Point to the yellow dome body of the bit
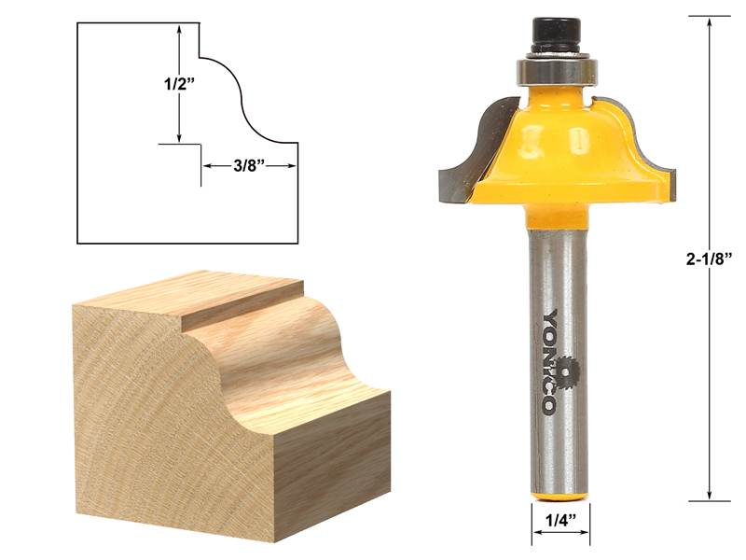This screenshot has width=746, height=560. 559,140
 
